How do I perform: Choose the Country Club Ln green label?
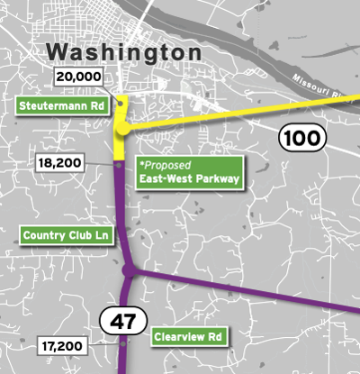pyautogui.click(x=67, y=236)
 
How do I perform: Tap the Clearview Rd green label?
pyautogui.click(x=188, y=335)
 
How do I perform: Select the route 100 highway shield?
pyautogui.click(x=297, y=139)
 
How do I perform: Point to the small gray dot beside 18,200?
pyautogui.click(x=119, y=165)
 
